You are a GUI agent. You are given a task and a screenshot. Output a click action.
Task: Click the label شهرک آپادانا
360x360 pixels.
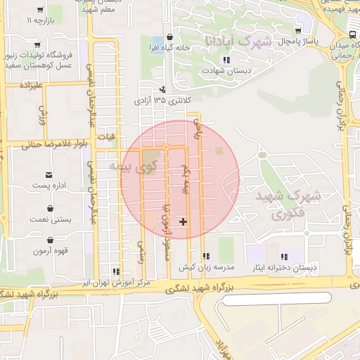[x=236, y=41]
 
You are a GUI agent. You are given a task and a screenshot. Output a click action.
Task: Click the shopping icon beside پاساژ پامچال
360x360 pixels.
[x=300, y=30]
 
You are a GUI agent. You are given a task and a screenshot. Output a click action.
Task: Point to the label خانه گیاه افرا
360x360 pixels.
[x=169, y=47]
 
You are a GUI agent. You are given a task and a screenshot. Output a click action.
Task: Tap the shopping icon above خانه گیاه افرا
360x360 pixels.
[x=169, y=37]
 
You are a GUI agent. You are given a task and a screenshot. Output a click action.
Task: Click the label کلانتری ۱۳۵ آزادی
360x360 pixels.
[x=162, y=101]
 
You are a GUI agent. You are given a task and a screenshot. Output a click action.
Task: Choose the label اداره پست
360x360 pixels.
[x=49, y=186]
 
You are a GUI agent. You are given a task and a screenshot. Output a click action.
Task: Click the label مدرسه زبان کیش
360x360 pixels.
[x=205, y=268]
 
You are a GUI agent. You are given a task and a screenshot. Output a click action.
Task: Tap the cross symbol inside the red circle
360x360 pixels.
[x=184, y=221]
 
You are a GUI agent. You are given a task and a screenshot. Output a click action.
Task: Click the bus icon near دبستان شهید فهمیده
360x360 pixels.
[x=352, y=34]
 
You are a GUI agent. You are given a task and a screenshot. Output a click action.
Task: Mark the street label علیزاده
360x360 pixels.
[x=33, y=85]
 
